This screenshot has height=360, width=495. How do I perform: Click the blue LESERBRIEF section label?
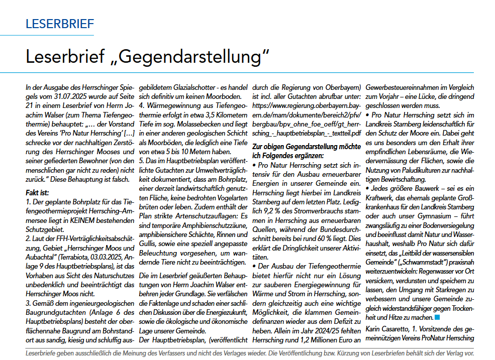59,24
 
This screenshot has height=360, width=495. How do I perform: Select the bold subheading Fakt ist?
38,192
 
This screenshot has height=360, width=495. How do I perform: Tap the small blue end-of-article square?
437,317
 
